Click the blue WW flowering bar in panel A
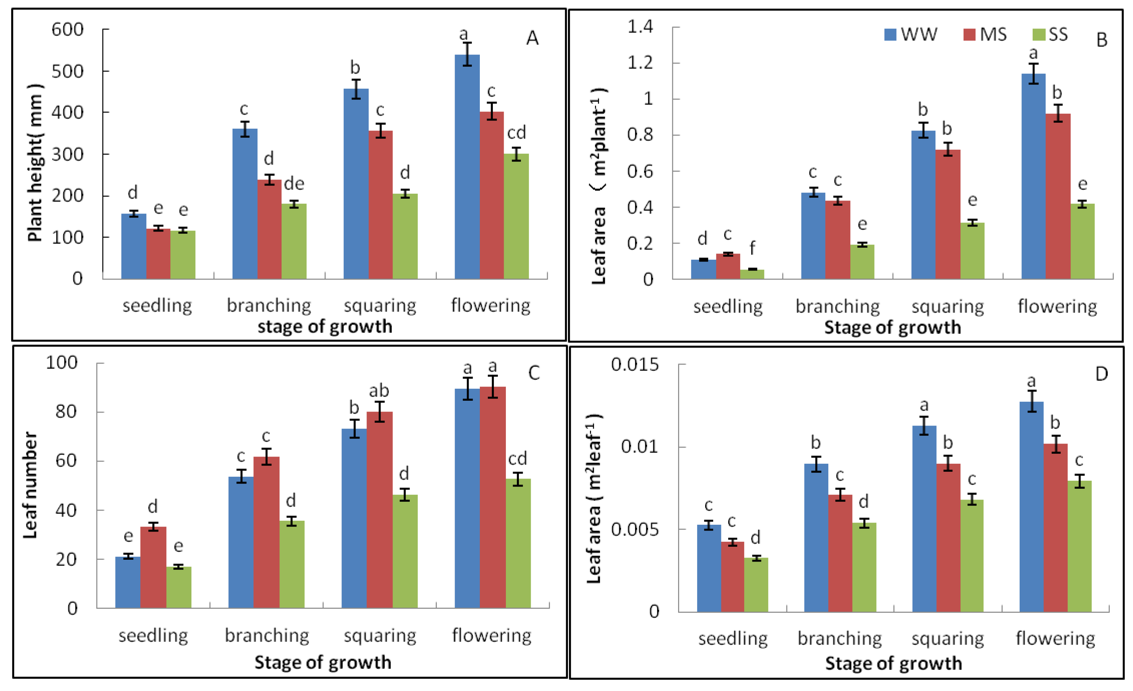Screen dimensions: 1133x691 (x=467, y=167)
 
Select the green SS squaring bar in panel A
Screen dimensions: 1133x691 (x=405, y=236)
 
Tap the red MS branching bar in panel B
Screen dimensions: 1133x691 (x=838, y=240)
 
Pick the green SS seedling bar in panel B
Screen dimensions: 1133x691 (x=752, y=274)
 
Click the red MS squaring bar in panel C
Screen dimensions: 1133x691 (x=379, y=510)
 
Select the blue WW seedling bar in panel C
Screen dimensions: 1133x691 (x=128, y=582)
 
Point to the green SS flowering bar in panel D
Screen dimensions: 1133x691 (x=1080, y=546)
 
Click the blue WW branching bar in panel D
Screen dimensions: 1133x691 (x=816, y=538)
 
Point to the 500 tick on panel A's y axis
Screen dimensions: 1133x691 (x=68, y=71)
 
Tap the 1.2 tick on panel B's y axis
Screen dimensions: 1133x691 (x=640, y=62)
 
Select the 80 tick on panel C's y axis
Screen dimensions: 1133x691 (x=66, y=411)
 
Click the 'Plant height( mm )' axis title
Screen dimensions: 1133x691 (x=35, y=163)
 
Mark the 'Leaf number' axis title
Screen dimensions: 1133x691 (x=30, y=485)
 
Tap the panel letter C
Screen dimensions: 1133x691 (x=534, y=373)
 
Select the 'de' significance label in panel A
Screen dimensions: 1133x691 (x=294, y=184)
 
